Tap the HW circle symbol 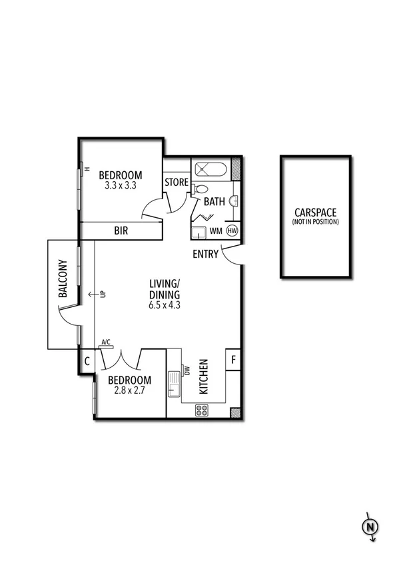pyautogui.click(x=232, y=231)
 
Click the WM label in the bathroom pyautogui.click(x=216, y=231)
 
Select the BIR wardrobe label pyautogui.click(x=121, y=231)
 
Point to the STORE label pyautogui.click(x=177, y=182)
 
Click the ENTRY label pyautogui.click(x=205, y=254)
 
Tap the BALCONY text pyautogui.click(x=63, y=278)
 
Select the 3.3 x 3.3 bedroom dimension pyautogui.click(x=121, y=187)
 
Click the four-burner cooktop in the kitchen pyautogui.click(x=201, y=410)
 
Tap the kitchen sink pyautogui.click(x=175, y=384)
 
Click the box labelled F pyautogui.click(x=233, y=360)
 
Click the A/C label pyautogui.click(x=106, y=342)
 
